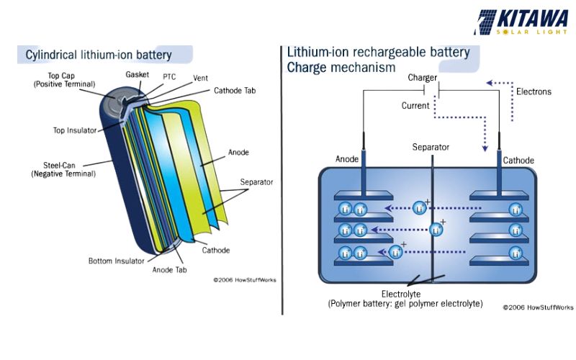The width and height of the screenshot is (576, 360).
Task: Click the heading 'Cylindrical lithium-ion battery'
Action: [99, 55]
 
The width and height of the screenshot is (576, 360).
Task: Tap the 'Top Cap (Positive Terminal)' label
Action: [64, 79]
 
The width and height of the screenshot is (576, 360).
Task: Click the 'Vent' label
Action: [201, 78]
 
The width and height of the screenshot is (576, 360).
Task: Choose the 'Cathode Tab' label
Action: [234, 91]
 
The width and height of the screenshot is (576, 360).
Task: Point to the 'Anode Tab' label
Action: [170, 270]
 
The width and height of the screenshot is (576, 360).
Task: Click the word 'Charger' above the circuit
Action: [423, 77]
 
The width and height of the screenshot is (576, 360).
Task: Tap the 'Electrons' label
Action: [534, 91]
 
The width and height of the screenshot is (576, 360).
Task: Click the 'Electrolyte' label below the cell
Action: [405, 294]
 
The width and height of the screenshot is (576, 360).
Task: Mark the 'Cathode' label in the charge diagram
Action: [518, 159]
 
